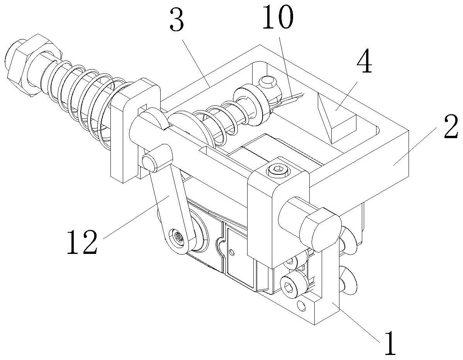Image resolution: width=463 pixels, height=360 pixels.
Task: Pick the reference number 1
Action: pos(390,344)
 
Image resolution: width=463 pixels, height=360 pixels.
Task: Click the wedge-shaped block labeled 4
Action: pos(337,118)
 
